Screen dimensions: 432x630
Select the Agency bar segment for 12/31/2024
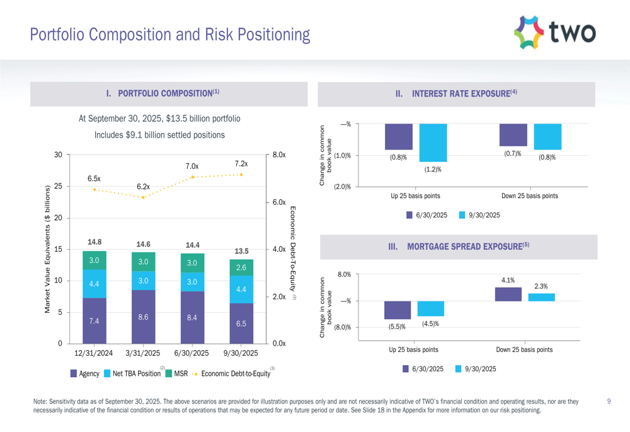tap(94, 320)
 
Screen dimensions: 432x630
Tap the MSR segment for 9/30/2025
tap(241, 267)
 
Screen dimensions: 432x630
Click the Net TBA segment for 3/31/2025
tap(143, 281)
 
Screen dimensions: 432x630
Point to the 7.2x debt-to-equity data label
tap(241, 164)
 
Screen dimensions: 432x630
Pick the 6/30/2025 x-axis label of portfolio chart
tap(192, 353)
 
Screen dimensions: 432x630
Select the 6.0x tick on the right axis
tap(278, 202)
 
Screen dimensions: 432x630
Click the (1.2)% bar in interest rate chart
tap(433, 143)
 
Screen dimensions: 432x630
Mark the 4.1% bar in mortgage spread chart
tap(508, 295)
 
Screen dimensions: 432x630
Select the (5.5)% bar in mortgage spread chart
tap(398, 310)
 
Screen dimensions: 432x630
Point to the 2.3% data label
tap(541, 286)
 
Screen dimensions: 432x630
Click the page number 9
tap(609, 401)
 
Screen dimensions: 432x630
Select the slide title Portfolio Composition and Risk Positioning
tap(170, 34)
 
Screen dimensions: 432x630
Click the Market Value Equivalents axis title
tap(47, 249)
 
